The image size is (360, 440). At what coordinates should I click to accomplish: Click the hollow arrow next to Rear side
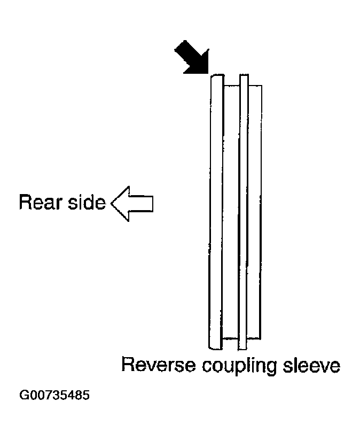click(132, 204)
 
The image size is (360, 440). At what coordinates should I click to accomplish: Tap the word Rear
click(41, 202)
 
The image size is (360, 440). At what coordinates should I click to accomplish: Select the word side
click(87, 202)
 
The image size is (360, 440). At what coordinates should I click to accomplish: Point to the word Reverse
click(159, 365)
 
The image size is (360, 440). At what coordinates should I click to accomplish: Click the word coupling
click(239, 366)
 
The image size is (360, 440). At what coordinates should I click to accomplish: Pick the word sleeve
click(311, 365)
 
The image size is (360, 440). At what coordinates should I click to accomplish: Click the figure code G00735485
click(54, 396)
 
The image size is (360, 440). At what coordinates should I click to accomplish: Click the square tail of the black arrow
click(179, 47)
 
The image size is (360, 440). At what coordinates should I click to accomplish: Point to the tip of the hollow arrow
click(111, 204)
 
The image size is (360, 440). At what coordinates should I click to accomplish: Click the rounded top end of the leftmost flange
click(217, 76)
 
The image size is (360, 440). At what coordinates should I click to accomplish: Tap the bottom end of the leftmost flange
click(215, 348)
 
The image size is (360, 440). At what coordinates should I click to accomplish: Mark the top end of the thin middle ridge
click(244, 75)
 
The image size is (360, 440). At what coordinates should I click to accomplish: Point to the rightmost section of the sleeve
click(255, 212)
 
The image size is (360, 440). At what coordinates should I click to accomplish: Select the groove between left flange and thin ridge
click(231, 212)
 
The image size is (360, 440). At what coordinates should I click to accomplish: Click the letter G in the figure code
click(24, 396)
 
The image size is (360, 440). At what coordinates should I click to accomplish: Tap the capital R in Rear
click(25, 202)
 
